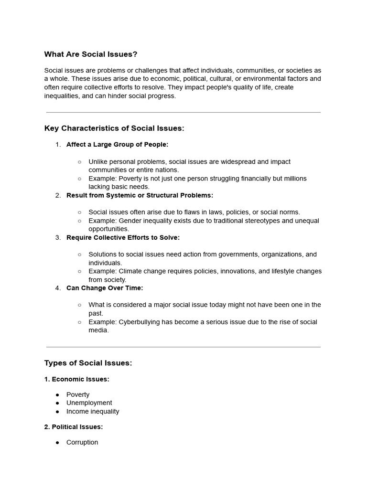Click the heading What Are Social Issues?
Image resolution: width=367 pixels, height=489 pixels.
tap(91, 54)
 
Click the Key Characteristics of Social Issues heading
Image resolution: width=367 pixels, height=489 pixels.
tap(114, 128)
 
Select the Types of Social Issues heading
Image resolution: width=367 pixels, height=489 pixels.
tap(88, 363)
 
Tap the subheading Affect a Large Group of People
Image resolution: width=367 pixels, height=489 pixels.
tap(117, 144)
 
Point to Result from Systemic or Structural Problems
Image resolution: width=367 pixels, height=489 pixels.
tap(140, 195)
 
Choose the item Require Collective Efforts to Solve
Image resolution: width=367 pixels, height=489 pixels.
tap(123, 237)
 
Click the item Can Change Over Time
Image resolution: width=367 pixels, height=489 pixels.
tap(105, 288)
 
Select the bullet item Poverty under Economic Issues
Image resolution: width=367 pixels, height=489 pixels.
tap(78, 394)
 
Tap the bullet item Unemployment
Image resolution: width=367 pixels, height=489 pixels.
tap(89, 403)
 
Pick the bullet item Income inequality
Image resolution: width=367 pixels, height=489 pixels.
tap(93, 411)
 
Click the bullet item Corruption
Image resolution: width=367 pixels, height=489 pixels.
tap(82, 442)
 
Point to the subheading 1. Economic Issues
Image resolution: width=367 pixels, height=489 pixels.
tap(76, 379)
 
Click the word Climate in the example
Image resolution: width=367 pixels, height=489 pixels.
tap(130, 271)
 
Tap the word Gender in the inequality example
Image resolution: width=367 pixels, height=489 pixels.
tap(130, 221)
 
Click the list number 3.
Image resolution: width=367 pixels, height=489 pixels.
tap(58, 237)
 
